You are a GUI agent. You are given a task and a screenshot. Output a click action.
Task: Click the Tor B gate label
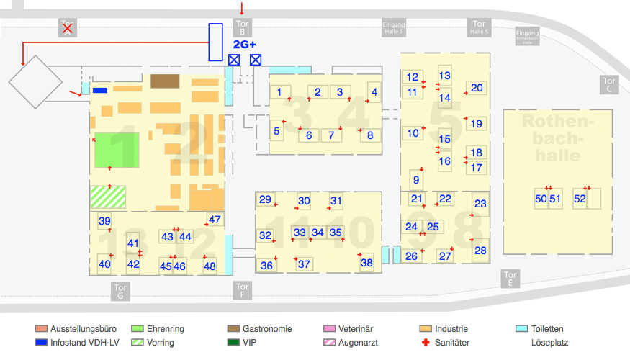[243, 27]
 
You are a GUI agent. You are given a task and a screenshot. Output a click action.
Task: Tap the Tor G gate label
[120, 292]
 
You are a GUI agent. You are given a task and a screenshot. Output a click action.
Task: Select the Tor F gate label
[243, 291]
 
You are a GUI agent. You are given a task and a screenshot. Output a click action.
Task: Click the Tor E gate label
[510, 279]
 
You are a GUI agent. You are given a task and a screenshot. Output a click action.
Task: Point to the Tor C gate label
[609, 85]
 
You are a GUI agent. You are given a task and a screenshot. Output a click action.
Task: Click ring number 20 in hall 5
[477, 88]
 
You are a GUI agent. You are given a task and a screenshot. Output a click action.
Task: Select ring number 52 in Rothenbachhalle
[580, 199]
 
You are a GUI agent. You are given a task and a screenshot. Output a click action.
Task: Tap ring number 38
[366, 263]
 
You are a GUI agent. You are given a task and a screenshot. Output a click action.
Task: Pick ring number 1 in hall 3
[279, 91]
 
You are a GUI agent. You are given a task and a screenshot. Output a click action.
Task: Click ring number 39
[104, 221]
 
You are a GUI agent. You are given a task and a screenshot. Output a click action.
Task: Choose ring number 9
[416, 180]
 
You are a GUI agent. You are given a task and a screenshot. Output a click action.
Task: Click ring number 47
[215, 220]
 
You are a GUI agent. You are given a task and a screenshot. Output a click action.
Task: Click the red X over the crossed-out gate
[67, 28]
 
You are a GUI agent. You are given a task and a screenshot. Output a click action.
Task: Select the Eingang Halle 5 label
[394, 28]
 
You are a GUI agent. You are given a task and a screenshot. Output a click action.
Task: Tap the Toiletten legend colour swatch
[522, 329]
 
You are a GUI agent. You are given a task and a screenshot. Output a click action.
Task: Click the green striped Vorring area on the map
[108, 196]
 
